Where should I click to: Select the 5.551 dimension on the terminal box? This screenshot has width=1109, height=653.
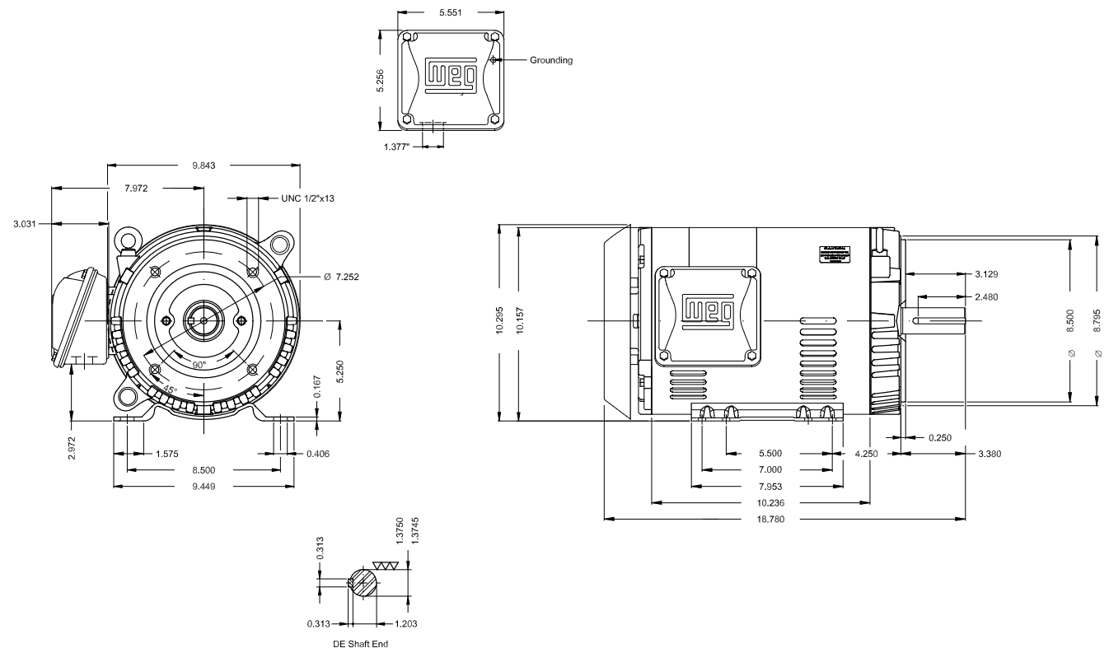tap(451, 13)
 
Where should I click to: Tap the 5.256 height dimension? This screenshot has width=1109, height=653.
tap(381, 80)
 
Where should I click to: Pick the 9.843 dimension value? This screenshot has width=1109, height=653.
tap(204, 166)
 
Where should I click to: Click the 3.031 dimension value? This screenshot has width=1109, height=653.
tap(24, 223)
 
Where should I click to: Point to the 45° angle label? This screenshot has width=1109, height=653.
tap(170, 389)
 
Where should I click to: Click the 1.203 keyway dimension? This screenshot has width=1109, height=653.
tap(407, 623)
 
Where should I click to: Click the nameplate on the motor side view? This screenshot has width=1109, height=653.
tap(837, 254)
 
